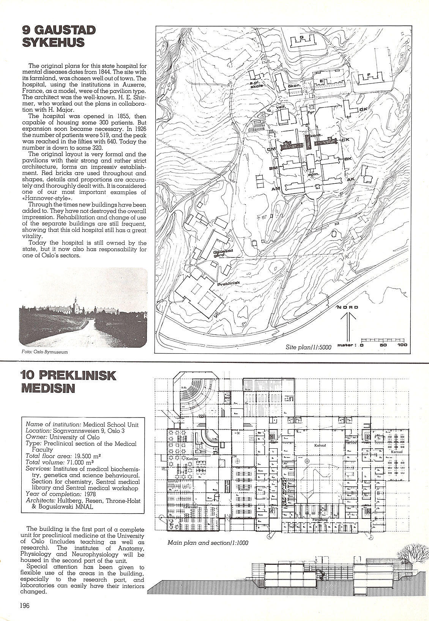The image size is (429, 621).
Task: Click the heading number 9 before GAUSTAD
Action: [x=27, y=30]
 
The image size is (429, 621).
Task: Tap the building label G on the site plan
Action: [x=301, y=37]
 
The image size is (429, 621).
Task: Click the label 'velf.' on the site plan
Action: [x=281, y=107]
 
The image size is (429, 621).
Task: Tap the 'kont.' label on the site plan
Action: [x=314, y=136]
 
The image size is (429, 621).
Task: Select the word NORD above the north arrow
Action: [x=347, y=307]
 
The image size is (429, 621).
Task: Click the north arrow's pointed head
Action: [x=347, y=314]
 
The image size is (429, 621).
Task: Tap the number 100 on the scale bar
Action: [x=402, y=345]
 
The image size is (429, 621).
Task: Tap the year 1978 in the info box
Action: [x=90, y=494]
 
